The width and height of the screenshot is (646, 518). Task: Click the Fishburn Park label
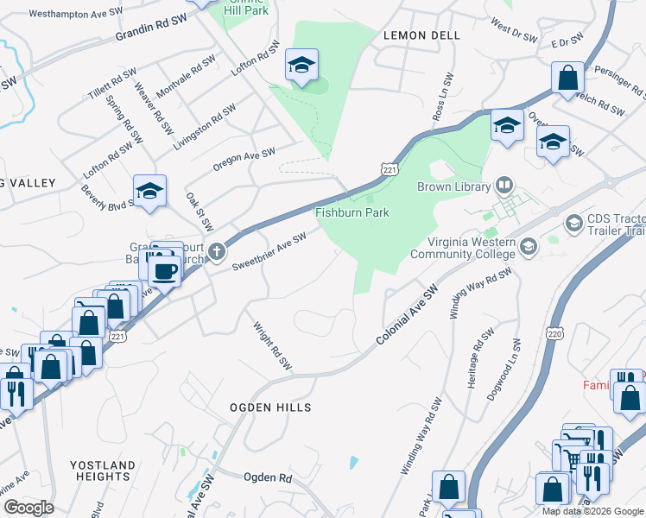pyautogui.click(x=351, y=212)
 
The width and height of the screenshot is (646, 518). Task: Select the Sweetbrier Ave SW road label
pyautogui.click(x=269, y=251)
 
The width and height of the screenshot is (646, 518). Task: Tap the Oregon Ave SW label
pyautogui.click(x=244, y=160)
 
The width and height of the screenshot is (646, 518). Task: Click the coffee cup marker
pyautogui.click(x=165, y=270)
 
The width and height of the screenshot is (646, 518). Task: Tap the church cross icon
pyautogui.click(x=217, y=251)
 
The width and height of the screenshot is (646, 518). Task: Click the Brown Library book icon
pyautogui.click(x=503, y=185)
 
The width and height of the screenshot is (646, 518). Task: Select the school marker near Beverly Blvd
pyautogui.click(x=150, y=192)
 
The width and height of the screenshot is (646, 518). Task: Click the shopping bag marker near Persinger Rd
pyautogui.click(x=568, y=78)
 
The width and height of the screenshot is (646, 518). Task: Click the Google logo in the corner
pyautogui.click(x=28, y=508)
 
